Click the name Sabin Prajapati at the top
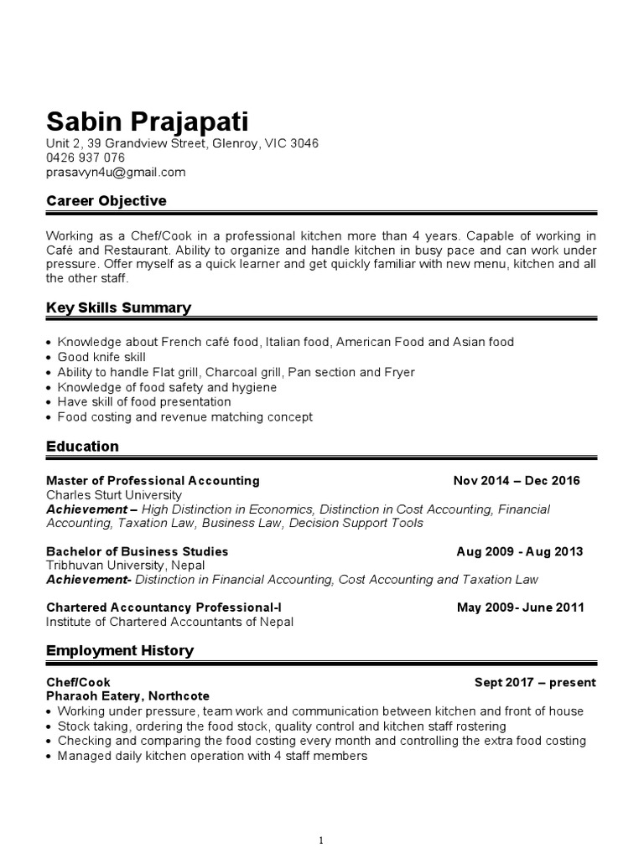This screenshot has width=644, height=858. click(x=147, y=121)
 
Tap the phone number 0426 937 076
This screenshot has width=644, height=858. click(x=85, y=158)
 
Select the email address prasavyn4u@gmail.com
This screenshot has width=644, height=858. click(x=115, y=173)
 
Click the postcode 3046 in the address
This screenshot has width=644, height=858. click(x=304, y=143)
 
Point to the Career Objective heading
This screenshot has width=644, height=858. click(x=106, y=201)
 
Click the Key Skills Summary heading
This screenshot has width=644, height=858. click(x=118, y=308)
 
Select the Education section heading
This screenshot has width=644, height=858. click(x=82, y=447)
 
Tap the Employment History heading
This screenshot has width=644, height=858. click(x=119, y=650)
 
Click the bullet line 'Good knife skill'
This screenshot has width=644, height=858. click(x=101, y=357)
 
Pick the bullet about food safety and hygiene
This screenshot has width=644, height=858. click(x=167, y=387)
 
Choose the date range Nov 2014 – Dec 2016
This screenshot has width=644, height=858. click(x=516, y=481)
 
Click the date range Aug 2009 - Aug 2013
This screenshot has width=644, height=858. click(x=519, y=552)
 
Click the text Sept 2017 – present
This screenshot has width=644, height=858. click(x=534, y=683)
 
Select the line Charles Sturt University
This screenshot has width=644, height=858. click(x=113, y=495)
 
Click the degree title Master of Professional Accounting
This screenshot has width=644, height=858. click(x=153, y=481)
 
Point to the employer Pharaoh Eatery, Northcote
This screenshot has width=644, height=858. click(x=127, y=696)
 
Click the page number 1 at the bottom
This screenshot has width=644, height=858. click(x=321, y=817)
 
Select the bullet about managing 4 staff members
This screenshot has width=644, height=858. click(x=212, y=756)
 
